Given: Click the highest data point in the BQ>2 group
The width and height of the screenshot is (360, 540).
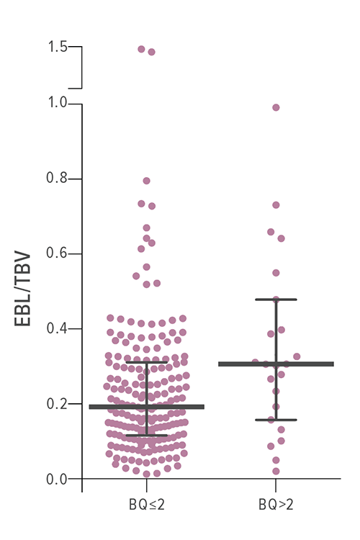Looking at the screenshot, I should coord(276,108).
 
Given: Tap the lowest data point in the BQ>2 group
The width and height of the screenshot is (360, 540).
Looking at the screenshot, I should coord(276,472).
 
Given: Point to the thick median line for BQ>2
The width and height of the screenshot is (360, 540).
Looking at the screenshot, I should coord(276,364).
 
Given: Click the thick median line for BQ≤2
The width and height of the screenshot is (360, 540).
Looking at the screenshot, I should coord(146,407).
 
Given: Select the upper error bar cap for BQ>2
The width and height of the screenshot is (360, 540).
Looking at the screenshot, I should coord(276,300).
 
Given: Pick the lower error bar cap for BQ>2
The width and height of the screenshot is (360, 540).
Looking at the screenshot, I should coord(276,420).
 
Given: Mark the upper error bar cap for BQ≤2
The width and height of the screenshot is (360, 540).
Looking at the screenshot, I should coord(146,363).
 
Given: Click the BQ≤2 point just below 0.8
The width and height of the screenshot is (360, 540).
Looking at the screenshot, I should coord(146,181).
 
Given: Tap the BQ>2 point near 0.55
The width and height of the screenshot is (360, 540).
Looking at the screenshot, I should coord(276,273).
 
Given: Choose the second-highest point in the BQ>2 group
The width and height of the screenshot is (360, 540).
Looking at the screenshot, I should coord(276,205).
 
